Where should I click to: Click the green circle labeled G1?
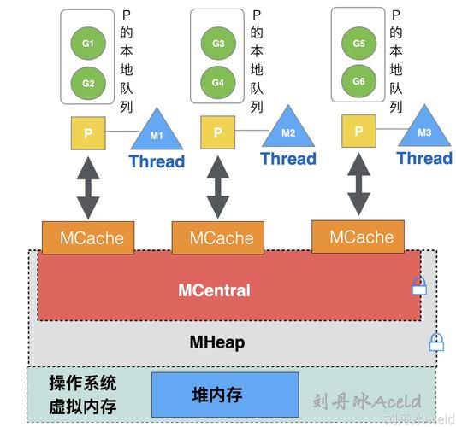tap(88, 43)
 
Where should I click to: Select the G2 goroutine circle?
tap(88, 83)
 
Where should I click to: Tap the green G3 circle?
tap(218, 43)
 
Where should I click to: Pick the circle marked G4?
tap(218, 83)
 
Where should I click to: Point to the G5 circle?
tap(358, 43)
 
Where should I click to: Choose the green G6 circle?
tap(358, 81)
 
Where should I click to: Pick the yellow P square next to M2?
tap(217, 133)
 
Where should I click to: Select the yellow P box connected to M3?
tap(358, 132)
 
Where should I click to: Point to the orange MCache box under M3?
tap(356, 237)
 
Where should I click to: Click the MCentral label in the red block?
tap(214, 290)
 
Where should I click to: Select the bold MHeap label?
tap(216, 342)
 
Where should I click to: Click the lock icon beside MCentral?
tap(418, 287)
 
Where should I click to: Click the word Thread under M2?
tap(288, 159)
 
